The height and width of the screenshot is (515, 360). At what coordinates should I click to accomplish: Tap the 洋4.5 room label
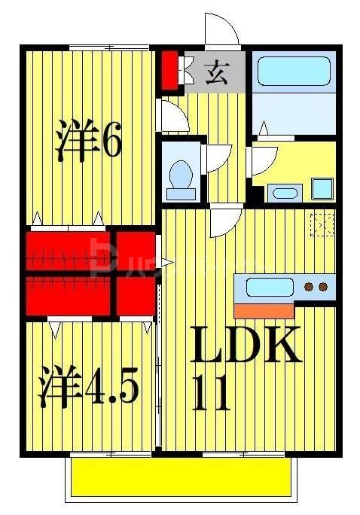pyautogui.click(x=88, y=385)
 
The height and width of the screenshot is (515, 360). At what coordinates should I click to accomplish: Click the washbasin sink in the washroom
pyautogui.click(x=284, y=192)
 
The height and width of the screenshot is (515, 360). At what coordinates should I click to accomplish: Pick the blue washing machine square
pyautogui.click(x=322, y=187)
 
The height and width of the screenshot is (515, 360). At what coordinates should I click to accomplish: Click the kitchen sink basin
pyautogui.click(x=270, y=287)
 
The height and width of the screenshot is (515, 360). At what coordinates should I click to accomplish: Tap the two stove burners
pyautogui.click(x=315, y=287)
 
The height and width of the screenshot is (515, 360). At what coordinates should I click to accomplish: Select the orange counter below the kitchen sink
pyautogui.click(x=264, y=309)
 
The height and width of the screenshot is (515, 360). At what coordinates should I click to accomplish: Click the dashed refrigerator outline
pyautogui.click(x=322, y=224)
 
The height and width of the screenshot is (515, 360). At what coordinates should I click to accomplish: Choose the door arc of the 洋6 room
pyautogui.click(x=171, y=114)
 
